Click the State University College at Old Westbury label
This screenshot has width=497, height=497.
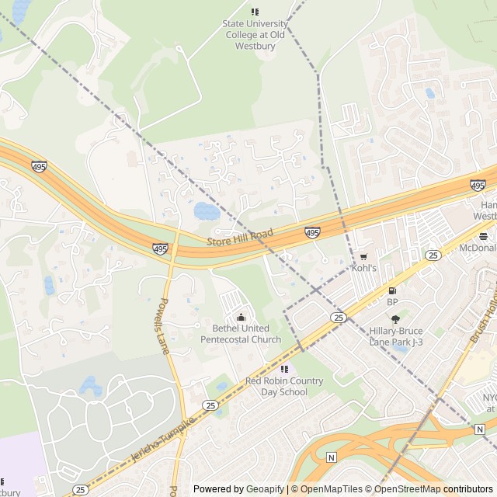coord(254,35)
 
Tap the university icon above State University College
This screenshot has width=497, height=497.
coord(254,12)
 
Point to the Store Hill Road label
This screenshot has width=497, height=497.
coord(241,238)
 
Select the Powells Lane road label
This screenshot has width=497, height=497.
coord(164,326)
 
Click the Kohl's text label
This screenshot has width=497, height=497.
coord(363,268)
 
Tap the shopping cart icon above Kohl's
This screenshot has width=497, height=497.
coord(363,256)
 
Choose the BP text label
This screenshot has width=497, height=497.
coord(392,302)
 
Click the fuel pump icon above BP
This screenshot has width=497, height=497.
coord(392,290)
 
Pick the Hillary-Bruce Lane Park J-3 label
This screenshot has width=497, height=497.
coord(396,336)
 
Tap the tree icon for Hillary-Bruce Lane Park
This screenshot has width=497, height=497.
coord(395,319)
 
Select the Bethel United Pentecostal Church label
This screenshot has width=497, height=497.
coord(241,334)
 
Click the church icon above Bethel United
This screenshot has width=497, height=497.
coord(241,317)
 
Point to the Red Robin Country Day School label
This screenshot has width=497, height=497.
coord(284,386)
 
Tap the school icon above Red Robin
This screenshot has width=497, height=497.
coord(284,369)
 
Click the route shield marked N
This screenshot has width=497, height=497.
coord(332,457)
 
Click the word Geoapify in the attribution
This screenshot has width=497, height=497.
coord(266,489)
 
